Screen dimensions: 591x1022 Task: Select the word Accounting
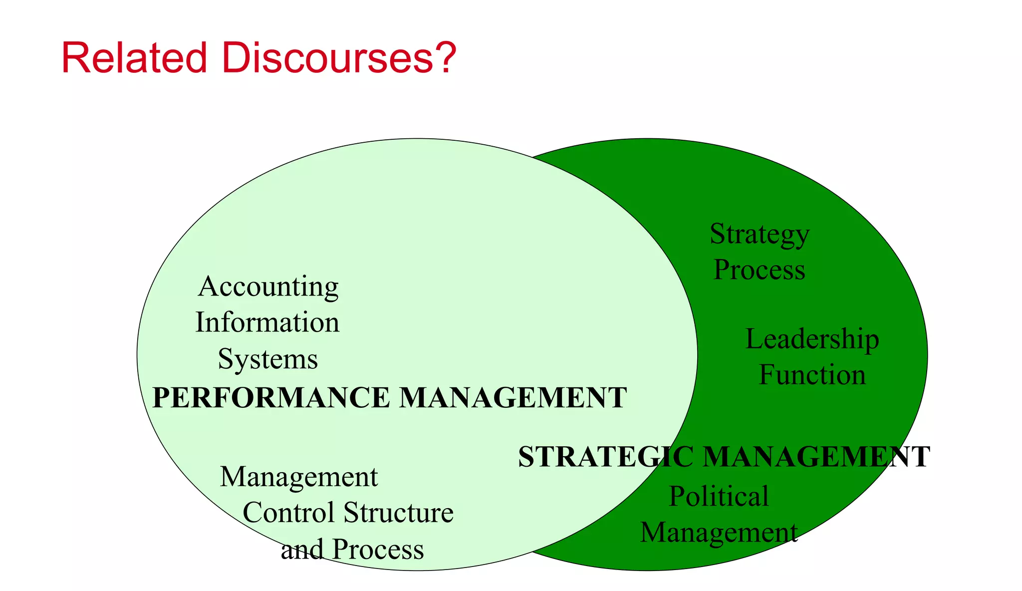click(x=268, y=288)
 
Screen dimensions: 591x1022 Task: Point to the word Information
click(x=267, y=322)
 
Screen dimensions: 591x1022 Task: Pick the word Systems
click(x=268, y=359)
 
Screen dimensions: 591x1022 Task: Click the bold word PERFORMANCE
click(x=270, y=398)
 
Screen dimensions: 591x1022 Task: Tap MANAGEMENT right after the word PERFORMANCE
click(x=513, y=398)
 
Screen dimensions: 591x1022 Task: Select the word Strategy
click(x=760, y=235)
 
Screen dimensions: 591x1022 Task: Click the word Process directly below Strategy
click(x=760, y=270)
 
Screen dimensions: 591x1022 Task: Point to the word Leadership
click(x=812, y=339)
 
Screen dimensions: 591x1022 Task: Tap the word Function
click(x=812, y=375)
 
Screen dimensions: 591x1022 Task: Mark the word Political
click(x=719, y=497)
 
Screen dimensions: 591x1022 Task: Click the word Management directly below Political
click(x=719, y=532)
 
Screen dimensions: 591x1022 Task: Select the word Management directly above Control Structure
click(x=299, y=477)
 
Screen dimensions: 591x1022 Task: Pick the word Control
click(x=288, y=513)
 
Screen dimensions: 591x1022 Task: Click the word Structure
click(x=399, y=513)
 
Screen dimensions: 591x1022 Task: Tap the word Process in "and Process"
click(x=378, y=549)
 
